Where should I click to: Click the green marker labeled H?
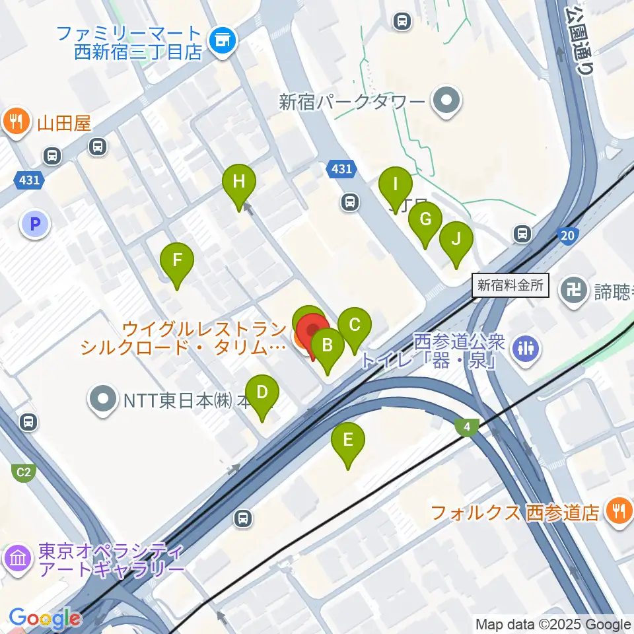[x=238, y=182]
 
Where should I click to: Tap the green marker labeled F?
[x=177, y=260]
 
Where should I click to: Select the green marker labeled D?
[x=262, y=393]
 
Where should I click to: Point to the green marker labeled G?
[x=425, y=219]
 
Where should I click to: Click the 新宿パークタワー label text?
[x=351, y=102]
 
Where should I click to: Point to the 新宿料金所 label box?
[x=511, y=286]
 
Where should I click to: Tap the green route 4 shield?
[x=467, y=427]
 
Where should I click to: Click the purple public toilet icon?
[x=526, y=347]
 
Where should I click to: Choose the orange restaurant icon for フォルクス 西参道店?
[x=618, y=511]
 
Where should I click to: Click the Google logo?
[x=44, y=619]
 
